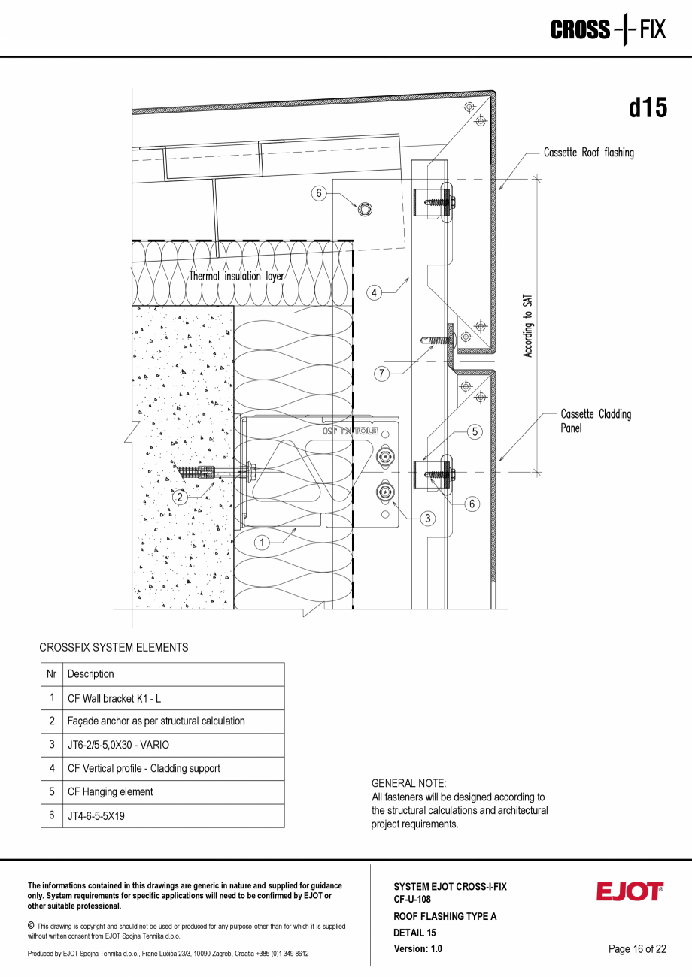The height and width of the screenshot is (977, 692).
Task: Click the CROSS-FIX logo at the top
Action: coord(608,30)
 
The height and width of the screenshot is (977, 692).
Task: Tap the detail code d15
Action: coord(648,108)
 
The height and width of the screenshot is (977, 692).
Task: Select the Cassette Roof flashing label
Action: coord(588,153)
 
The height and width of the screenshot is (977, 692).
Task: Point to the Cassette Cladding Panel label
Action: coord(595,421)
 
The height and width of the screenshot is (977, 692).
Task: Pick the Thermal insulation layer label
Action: coord(236,276)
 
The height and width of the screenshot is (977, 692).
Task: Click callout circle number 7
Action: coord(382,374)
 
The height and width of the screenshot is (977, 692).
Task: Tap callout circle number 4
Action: coord(375,292)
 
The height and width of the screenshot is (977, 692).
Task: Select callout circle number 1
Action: coord(262,542)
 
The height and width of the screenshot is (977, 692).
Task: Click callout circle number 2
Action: coord(180,496)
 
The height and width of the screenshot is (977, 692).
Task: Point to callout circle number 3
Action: coord(428,517)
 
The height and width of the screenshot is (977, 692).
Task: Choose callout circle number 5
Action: coord(475,431)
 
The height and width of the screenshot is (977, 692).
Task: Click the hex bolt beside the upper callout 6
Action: coord(364,209)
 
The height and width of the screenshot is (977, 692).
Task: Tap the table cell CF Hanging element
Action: coord(110,791)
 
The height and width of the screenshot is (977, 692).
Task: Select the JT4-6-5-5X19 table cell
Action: coord(96,815)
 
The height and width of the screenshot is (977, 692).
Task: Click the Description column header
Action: coord(91,674)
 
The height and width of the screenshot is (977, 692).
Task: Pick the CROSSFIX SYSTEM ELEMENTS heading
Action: coord(114,647)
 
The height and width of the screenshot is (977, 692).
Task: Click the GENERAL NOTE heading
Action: coord(408,783)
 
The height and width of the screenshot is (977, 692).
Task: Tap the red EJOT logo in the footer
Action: coord(630,891)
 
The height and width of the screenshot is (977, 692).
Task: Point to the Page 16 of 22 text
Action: coord(637,948)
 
